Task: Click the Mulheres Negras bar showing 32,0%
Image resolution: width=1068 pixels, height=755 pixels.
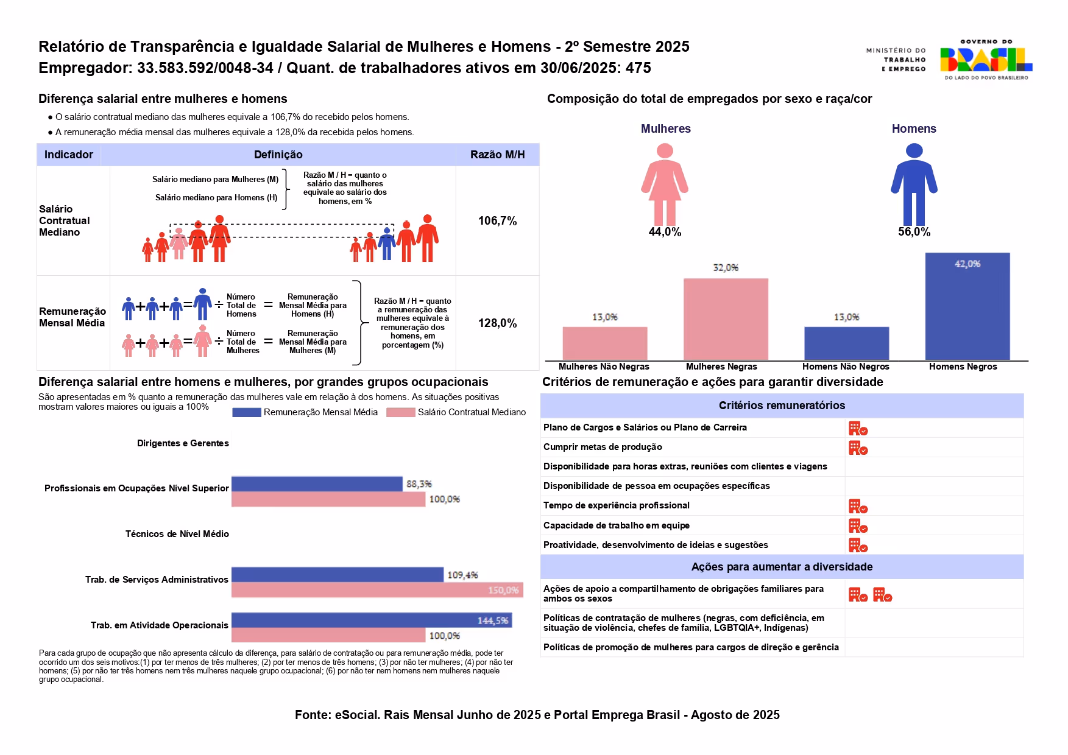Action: pyautogui.click(x=726, y=319)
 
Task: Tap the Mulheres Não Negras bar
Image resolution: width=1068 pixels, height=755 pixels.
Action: pyautogui.click(x=605, y=343)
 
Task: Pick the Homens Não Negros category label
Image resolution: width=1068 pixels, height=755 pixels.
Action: pyautogui.click(x=846, y=367)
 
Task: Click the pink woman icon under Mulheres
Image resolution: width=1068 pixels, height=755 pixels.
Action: pyautogui.click(x=665, y=184)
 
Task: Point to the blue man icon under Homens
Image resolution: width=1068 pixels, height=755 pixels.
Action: pyautogui.click(x=914, y=184)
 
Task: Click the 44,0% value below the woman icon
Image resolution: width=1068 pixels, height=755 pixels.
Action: pyautogui.click(x=665, y=232)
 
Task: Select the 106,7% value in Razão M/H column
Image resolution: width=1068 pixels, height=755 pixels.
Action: pyautogui.click(x=497, y=221)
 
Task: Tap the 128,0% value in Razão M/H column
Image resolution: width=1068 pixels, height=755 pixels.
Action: pyautogui.click(x=497, y=323)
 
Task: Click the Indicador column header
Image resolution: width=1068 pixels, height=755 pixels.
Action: pyautogui.click(x=69, y=155)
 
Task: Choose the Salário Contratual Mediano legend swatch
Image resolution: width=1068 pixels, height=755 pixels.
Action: pyautogui.click(x=400, y=412)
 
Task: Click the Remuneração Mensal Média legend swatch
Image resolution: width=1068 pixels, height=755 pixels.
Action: pyautogui.click(x=247, y=412)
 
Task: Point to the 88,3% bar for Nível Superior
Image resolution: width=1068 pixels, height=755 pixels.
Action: pyautogui.click(x=317, y=484)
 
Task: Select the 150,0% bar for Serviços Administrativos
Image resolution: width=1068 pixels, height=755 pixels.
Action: pyautogui.click(x=377, y=590)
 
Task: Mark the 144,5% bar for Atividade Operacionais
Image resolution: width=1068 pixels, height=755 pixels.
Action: pyautogui.click(x=372, y=620)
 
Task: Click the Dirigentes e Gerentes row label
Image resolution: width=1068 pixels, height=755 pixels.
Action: pyautogui.click(x=183, y=443)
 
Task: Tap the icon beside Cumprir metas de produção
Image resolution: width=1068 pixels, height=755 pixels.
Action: pyautogui.click(x=858, y=448)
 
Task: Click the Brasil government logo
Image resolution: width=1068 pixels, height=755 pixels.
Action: pyautogui.click(x=985, y=60)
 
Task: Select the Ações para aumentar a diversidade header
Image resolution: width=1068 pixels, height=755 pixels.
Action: pyautogui.click(x=782, y=567)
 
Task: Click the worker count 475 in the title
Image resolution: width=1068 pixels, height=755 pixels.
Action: pyautogui.click(x=638, y=68)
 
